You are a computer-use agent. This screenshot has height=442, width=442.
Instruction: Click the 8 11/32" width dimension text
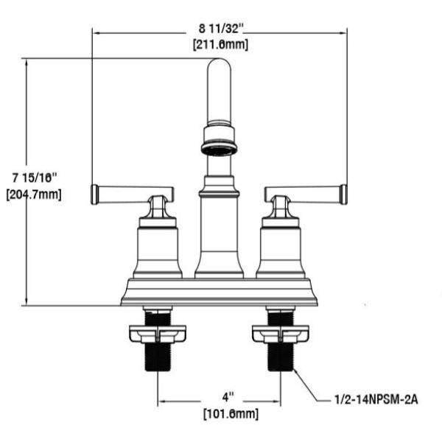221,29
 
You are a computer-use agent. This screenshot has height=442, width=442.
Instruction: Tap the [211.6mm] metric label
221,44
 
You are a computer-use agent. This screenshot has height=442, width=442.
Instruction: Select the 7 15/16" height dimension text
35,178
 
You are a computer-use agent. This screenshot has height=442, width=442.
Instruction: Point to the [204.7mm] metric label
34,194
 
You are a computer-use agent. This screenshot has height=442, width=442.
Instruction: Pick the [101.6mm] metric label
231,414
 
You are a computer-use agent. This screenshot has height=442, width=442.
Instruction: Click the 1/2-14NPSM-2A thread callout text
376,399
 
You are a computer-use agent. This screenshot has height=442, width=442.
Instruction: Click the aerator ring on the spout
219,149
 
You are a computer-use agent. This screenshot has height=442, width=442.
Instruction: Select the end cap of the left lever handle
95,194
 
